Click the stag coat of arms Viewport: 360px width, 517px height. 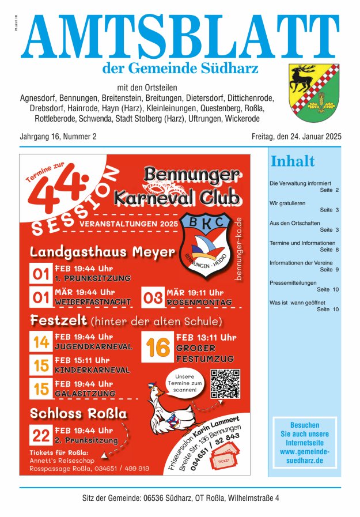[314, 88]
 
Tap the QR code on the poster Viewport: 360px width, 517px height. [225, 383]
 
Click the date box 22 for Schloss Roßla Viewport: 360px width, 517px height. [41, 435]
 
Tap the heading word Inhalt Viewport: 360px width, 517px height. [293, 161]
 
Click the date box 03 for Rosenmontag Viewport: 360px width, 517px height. [153, 297]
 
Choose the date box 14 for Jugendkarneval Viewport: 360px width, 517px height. [41, 342]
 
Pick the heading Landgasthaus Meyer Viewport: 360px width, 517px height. [102, 252]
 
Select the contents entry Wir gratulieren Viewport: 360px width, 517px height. [287, 203]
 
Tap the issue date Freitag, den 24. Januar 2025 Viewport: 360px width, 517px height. [296, 137]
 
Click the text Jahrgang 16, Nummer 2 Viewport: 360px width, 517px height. [58, 137]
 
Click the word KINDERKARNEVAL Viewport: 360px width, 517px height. [92, 370]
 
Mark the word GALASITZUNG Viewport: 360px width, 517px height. [85, 393]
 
